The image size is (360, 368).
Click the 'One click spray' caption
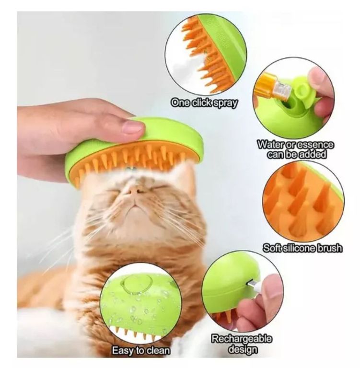click(x=204, y=103)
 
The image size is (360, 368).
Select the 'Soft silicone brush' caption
click(x=302, y=248)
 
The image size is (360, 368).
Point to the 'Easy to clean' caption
click(x=140, y=351)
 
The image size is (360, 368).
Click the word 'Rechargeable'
click(x=242, y=339)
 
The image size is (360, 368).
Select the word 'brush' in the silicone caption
click(x=329, y=248)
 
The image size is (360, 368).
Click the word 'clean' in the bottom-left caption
click(x=158, y=351)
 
